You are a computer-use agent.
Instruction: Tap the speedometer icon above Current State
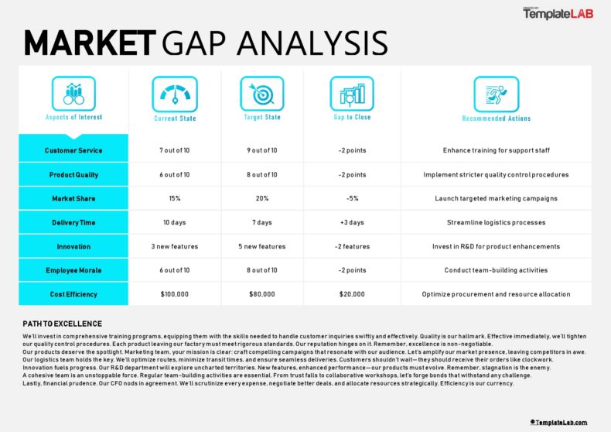[175, 94]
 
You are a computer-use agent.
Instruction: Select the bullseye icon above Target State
[262, 94]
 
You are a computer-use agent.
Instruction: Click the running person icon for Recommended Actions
[496, 94]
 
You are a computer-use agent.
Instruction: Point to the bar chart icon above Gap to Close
[352, 94]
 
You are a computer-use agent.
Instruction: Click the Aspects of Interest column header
[73, 118]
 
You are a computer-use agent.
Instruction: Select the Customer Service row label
[73, 151]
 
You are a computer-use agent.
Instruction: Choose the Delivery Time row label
[73, 222]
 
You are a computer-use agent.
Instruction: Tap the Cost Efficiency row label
[73, 294]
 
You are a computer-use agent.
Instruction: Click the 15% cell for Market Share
[175, 198]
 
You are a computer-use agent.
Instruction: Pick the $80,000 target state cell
[262, 294]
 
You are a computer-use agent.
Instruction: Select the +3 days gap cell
[352, 222]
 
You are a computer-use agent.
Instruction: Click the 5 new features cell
[262, 246]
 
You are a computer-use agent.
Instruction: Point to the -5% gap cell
[352, 198]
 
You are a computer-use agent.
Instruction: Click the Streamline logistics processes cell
[496, 222]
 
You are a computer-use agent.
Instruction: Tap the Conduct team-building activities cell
[496, 270]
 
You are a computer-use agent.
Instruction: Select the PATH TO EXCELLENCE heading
[62, 324]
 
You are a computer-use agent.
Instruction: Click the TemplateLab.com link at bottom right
[558, 422]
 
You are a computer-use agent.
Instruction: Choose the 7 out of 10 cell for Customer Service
[175, 151]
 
